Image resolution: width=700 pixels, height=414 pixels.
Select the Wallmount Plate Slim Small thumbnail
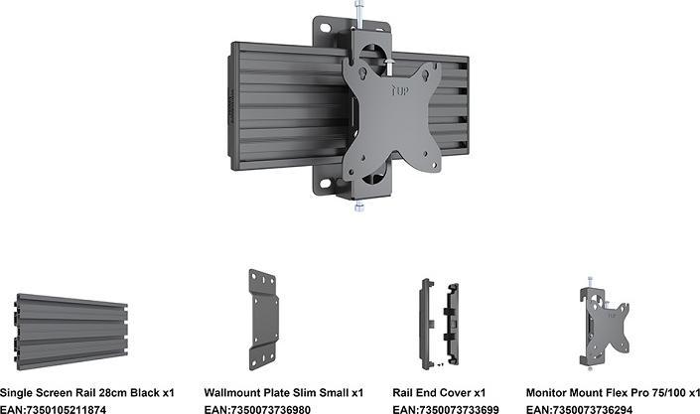(264, 317)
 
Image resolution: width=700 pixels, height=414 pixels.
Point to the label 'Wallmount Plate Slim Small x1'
(283, 392)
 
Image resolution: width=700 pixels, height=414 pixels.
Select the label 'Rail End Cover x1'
(439, 392)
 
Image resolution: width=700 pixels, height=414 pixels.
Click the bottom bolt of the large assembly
(355, 204)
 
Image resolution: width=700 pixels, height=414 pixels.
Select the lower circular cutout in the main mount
(366, 177)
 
